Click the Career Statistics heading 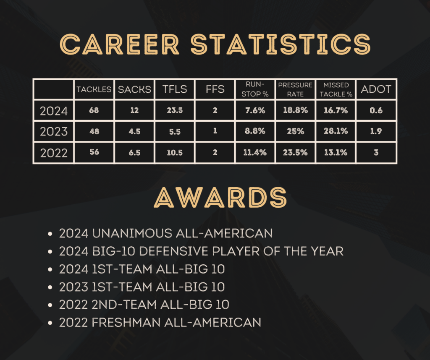215,44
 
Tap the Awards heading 220,197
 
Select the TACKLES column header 94,89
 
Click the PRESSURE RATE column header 295,89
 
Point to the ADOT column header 376,89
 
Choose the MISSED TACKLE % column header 336,89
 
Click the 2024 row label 54,111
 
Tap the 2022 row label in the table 54,153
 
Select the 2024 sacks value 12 134,110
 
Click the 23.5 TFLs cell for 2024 175,110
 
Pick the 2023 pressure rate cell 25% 295,131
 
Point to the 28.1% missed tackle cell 336,131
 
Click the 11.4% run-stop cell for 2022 255,153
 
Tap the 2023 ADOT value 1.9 376,131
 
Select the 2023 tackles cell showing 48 94,131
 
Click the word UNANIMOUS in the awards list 132,233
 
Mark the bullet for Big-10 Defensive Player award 50,251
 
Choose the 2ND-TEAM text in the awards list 124,305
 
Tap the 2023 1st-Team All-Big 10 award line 142,287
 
